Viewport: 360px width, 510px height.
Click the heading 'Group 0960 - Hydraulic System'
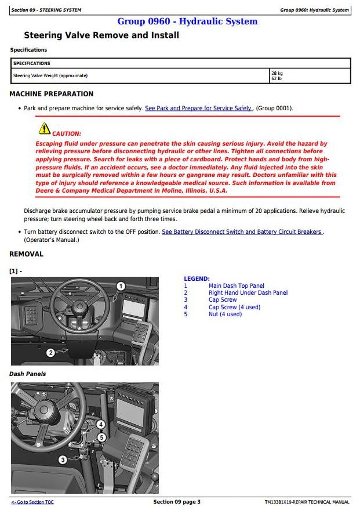pos(187,21)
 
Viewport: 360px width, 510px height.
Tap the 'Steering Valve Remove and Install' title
pos(101,35)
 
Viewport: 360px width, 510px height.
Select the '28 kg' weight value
pos(277,74)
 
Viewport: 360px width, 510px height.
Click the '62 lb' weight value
pos(277,79)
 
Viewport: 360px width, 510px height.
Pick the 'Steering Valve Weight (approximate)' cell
pos(50,76)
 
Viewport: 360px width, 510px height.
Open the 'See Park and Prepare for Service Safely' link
pos(198,108)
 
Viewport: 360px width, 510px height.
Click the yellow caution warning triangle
pos(45,129)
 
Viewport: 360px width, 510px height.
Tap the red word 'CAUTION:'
pos(67,134)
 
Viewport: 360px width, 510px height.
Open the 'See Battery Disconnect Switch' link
pos(242,232)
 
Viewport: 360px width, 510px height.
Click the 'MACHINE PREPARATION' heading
pos(52,94)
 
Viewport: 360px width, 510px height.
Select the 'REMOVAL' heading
pos(26,254)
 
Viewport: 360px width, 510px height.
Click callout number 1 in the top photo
pos(121,285)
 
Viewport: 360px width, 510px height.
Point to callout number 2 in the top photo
pos(50,352)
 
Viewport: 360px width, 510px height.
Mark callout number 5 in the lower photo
pos(101,437)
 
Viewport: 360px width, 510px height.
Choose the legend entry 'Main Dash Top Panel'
pos(236,286)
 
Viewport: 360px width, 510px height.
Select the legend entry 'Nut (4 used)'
pos(225,314)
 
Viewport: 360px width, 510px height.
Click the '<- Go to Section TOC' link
pos(32,502)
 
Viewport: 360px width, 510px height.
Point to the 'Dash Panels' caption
pos(28,374)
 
